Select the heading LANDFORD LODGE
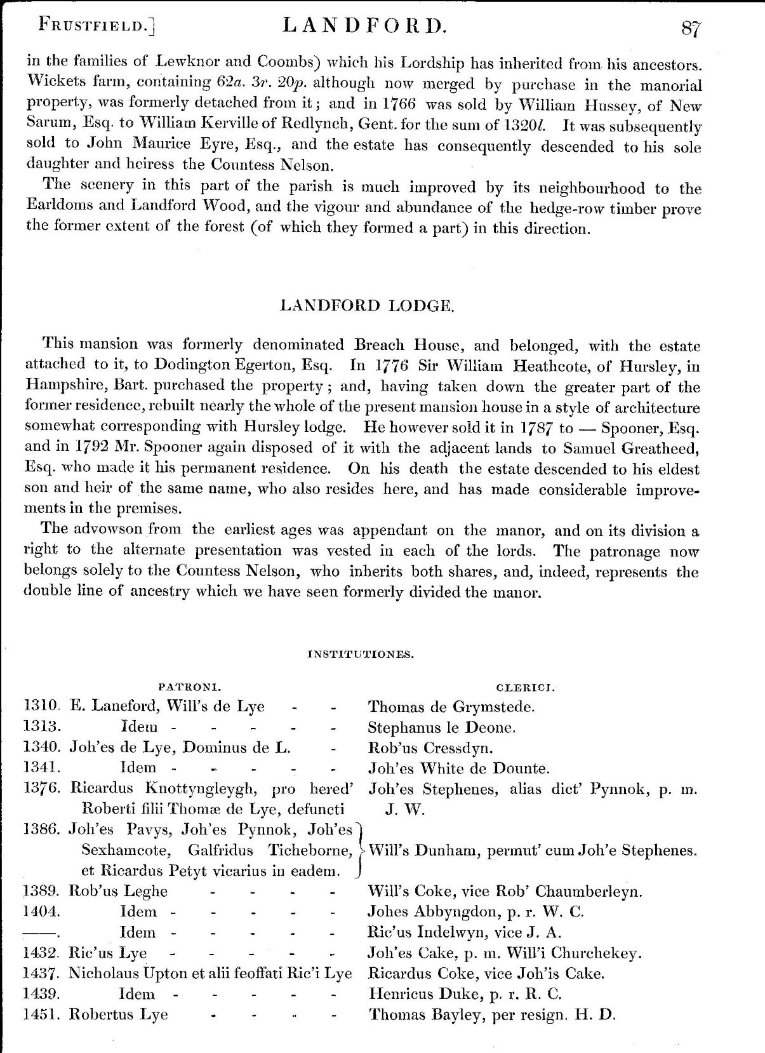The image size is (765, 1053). coord(366,305)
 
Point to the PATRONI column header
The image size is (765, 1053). coord(189,687)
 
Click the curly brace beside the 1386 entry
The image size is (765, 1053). coord(360,850)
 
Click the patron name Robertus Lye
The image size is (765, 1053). coord(118,1014)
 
